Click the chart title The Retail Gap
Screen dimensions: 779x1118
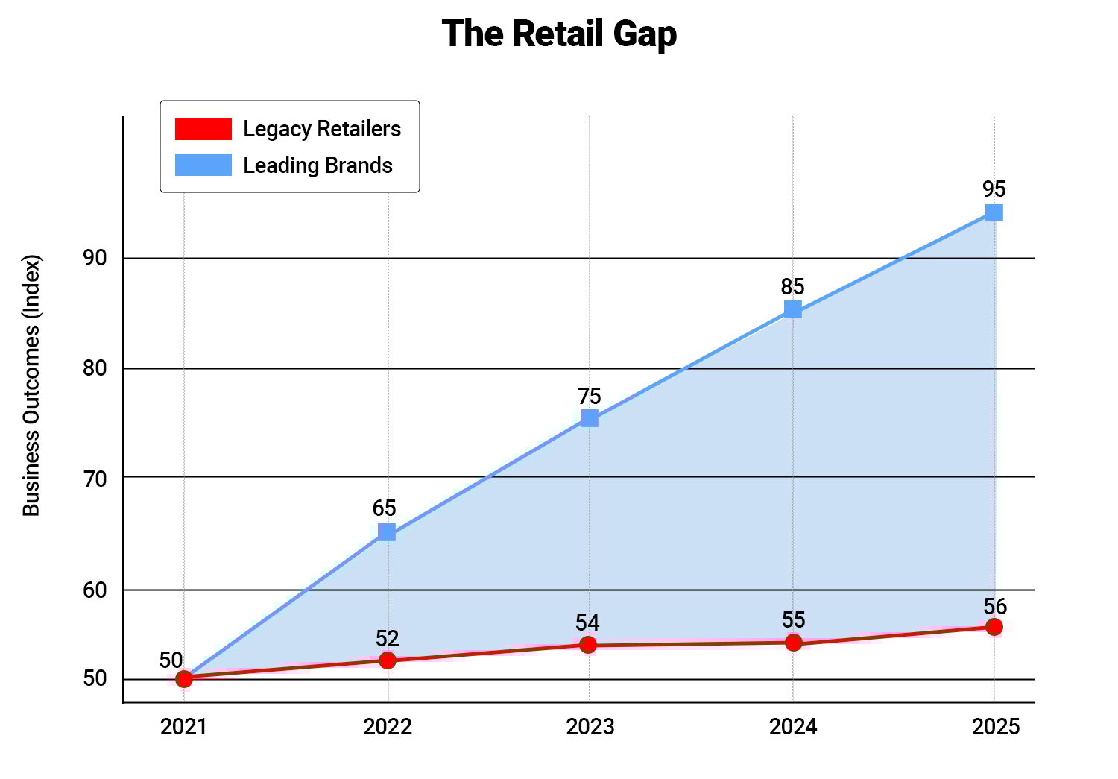point(559,34)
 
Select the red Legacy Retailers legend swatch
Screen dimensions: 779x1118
point(203,129)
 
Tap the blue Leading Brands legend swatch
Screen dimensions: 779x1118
point(203,165)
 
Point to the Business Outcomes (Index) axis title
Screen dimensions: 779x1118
point(31,385)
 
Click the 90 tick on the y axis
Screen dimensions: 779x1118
point(95,258)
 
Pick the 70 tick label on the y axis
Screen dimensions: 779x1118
point(95,478)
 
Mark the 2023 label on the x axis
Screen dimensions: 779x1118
point(590,726)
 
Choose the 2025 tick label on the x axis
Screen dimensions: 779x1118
point(995,726)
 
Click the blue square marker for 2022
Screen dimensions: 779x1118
point(387,532)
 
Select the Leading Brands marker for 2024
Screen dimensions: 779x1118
point(793,309)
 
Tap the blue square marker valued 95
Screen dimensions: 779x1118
point(994,212)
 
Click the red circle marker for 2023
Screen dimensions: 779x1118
point(589,645)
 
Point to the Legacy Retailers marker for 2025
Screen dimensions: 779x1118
point(994,627)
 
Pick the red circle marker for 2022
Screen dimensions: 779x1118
point(388,660)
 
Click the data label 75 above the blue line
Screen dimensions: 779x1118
point(589,396)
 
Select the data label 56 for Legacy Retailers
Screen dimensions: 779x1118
point(995,606)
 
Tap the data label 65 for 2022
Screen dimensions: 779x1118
point(385,508)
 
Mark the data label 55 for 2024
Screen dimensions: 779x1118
point(794,620)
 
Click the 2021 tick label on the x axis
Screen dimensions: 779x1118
point(183,726)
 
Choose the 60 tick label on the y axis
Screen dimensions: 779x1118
point(95,590)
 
